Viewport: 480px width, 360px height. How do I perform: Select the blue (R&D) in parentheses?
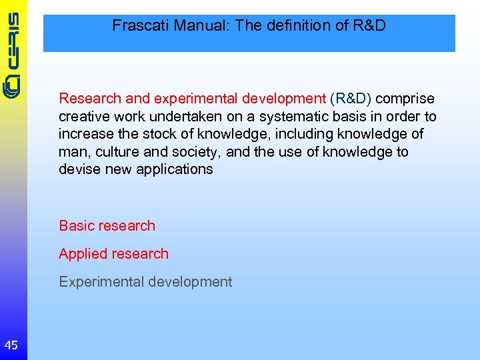pos(351,99)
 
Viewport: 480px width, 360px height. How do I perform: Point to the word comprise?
pos(405,99)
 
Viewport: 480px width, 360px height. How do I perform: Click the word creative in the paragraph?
pos(83,117)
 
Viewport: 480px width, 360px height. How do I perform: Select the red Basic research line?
pos(107,226)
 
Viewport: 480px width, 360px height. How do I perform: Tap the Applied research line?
pos(113,254)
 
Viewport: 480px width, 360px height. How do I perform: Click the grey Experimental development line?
pos(145,282)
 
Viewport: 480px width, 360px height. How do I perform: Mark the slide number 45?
pos(11,345)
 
